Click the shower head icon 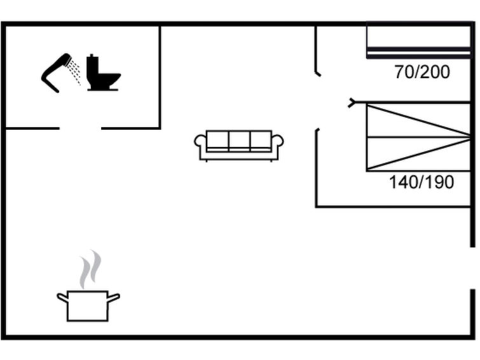point(56,71)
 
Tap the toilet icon point(102,74)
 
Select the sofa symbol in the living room point(239,146)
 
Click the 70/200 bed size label point(422,73)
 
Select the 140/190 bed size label point(422,183)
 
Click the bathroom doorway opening point(80,128)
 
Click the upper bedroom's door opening point(317,89)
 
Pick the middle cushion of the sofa point(239,140)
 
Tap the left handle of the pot point(62,296)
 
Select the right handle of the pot point(114,296)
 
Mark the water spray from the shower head point(75,70)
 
